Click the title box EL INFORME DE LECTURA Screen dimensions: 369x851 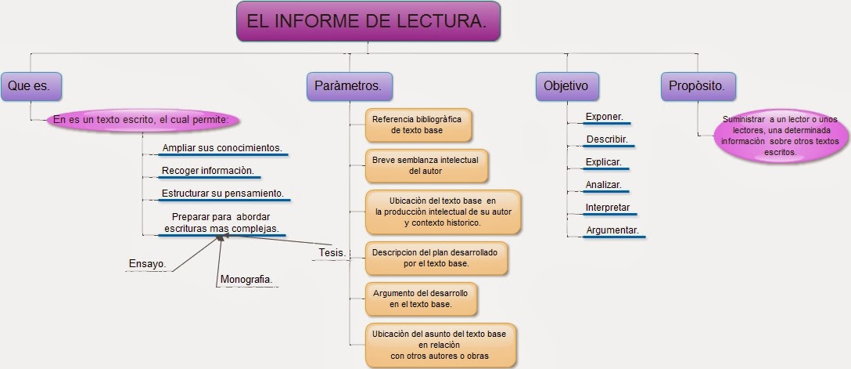pyautogui.click(x=367, y=22)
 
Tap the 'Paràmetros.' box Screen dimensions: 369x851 pyautogui.click(x=348, y=85)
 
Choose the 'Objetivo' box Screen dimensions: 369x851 pyautogui.click(x=566, y=85)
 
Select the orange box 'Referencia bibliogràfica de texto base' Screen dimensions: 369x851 pyautogui.click(x=418, y=125)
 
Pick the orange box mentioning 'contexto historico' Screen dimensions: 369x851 pyautogui.click(x=443, y=212)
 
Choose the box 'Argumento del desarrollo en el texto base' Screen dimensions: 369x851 pyautogui.click(x=420, y=298)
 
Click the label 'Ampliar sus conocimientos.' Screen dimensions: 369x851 pyautogui.click(x=221, y=148)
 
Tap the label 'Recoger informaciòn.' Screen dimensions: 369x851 pyautogui.click(x=207, y=171)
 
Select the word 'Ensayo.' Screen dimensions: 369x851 pyautogui.click(x=147, y=264)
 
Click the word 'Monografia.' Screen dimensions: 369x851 pyautogui.click(x=246, y=279)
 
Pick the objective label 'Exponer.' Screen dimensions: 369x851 pyautogui.click(x=604, y=118)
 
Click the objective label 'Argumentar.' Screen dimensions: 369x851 pyautogui.click(x=612, y=230)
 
